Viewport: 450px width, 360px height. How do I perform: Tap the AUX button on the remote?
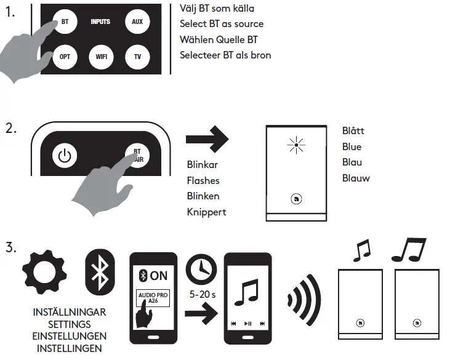coord(137,22)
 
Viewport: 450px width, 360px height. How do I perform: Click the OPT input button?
coord(65,57)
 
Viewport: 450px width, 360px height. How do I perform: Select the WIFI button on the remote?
coord(101,57)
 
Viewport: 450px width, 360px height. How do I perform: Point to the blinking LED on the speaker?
coord(297,146)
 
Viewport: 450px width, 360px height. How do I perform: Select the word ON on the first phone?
coord(158,276)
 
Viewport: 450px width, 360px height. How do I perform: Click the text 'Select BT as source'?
coord(222,24)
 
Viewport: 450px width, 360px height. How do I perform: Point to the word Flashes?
coord(203,181)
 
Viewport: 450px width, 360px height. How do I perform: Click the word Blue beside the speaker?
coord(352,147)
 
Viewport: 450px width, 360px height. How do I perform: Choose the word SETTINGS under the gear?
coord(69,324)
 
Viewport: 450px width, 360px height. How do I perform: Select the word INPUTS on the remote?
coord(100,22)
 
